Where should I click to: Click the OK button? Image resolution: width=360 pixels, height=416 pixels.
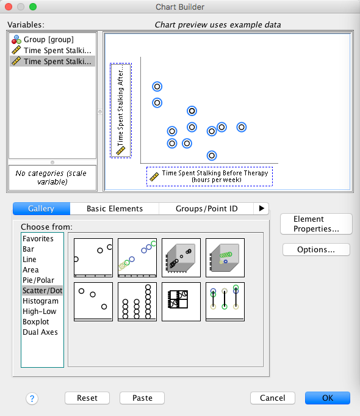point(328,398)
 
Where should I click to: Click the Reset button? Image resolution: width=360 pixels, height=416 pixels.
point(87,398)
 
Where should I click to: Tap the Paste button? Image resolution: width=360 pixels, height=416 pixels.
point(142,398)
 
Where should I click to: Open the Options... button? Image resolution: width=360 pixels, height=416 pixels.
point(316,249)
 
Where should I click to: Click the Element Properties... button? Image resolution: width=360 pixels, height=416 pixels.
point(316,224)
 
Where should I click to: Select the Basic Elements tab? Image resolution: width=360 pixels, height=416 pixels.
point(115,208)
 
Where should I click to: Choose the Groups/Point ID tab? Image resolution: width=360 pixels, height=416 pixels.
point(206,208)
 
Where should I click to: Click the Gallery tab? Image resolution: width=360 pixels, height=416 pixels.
point(41,208)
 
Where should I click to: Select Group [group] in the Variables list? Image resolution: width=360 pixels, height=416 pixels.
point(49,40)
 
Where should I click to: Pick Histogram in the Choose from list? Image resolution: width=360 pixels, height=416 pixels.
point(40,301)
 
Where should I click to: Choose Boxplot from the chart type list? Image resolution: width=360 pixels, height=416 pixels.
point(36,321)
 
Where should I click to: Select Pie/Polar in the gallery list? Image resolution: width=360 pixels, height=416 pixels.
point(38,280)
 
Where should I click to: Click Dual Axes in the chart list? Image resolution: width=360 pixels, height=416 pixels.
point(40,332)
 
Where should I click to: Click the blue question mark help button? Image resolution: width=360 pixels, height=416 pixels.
point(32,398)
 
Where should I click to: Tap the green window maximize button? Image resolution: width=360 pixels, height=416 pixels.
point(33,7)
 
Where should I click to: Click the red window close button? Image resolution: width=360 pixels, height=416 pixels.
point(9,7)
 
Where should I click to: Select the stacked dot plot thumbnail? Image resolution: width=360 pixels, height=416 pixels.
point(137,302)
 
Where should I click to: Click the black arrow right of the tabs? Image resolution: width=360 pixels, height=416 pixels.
point(261,208)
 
